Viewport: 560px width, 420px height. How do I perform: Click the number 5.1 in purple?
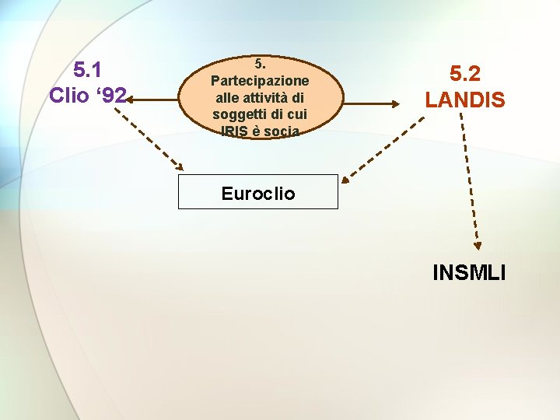click(x=89, y=70)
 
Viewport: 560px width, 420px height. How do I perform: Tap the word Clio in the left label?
click(x=70, y=95)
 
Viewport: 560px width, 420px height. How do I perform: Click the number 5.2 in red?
click(x=464, y=74)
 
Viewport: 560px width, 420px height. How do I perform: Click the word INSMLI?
click(x=469, y=273)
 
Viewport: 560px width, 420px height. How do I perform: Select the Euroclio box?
click(x=258, y=192)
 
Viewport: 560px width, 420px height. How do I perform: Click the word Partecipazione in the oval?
click(x=260, y=81)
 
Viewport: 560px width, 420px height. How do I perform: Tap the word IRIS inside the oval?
click(x=234, y=131)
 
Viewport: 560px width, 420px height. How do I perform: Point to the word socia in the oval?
click(x=281, y=131)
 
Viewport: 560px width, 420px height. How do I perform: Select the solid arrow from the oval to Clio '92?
click(x=156, y=100)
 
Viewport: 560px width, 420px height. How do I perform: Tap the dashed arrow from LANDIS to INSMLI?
click(x=469, y=179)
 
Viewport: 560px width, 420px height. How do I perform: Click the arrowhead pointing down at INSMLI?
click(x=477, y=243)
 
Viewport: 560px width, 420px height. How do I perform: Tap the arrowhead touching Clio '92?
click(x=129, y=100)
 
